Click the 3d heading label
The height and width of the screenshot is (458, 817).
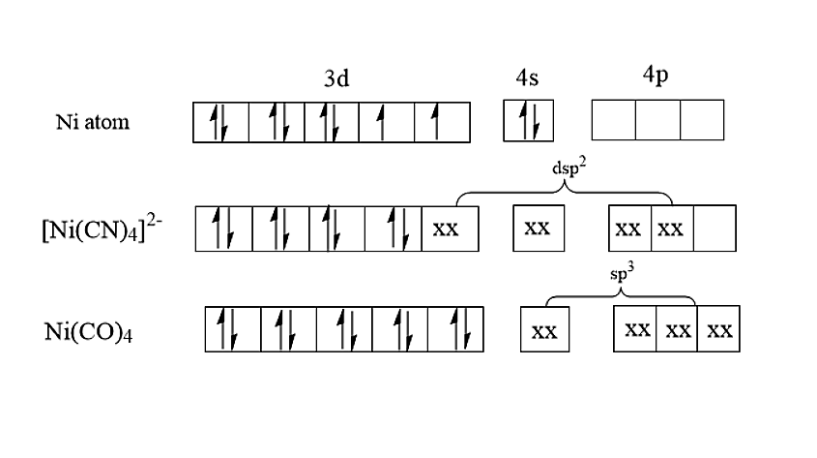click(336, 79)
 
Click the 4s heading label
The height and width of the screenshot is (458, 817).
click(526, 79)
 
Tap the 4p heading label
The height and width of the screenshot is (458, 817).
click(655, 77)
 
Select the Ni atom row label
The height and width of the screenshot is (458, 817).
click(93, 123)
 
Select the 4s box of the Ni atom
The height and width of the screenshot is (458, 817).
click(527, 122)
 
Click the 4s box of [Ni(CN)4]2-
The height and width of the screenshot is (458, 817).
click(538, 229)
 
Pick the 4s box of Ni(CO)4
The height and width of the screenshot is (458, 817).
click(544, 330)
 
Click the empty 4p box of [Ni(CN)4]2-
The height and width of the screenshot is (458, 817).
click(714, 229)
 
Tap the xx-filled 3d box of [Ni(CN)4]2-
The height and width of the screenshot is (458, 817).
click(450, 229)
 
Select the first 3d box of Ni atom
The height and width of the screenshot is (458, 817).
click(221, 123)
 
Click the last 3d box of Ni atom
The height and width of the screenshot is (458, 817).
click(442, 123)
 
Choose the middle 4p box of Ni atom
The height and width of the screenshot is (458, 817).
click(657, 121)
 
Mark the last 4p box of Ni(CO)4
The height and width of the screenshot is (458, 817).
click(718, 329)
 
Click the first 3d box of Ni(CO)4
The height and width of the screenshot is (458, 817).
click(232, 329)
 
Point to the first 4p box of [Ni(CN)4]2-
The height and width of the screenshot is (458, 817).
click(629, 229)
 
